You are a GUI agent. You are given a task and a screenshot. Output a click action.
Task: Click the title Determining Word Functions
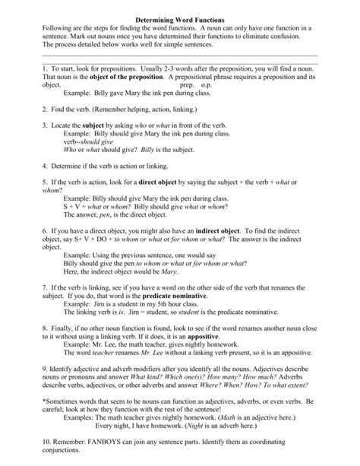(179, 15)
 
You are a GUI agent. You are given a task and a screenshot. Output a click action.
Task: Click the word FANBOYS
(99, 452)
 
